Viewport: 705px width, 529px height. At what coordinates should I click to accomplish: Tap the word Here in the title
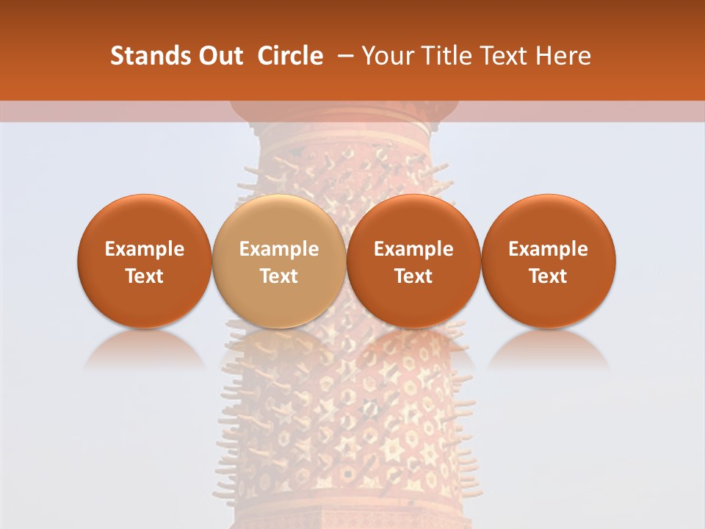click(563, 56)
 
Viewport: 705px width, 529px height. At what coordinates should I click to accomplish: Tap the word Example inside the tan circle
click(279, 249)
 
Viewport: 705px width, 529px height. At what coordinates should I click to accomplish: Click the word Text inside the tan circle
click(279, 276)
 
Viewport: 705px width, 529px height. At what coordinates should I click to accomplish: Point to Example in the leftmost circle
click(144, 249)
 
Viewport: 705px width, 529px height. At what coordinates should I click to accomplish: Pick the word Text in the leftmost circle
click(144, 276)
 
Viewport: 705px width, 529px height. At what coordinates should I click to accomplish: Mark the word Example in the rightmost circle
click(548, 249)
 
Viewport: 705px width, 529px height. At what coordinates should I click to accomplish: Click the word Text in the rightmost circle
click(548, 276)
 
